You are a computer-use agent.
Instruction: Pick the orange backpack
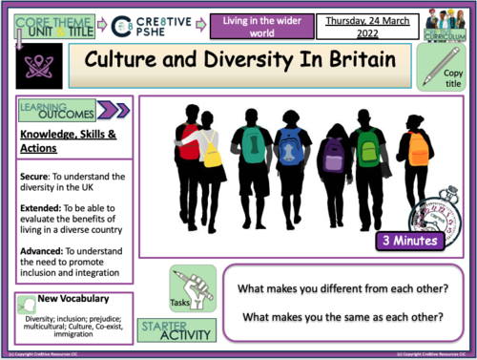418,148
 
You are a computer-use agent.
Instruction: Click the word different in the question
343,285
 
